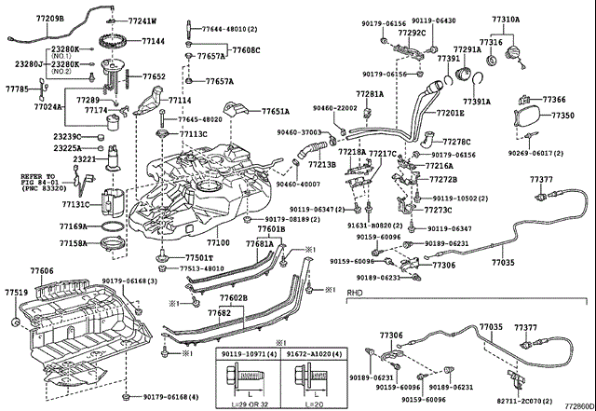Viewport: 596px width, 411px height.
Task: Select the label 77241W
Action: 142,21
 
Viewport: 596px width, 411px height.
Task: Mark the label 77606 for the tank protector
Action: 41,269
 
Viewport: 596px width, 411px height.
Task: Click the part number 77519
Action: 16,292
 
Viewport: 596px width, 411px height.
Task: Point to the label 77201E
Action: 449,113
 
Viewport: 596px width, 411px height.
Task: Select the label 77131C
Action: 75,204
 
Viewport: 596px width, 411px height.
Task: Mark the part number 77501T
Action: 198,257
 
